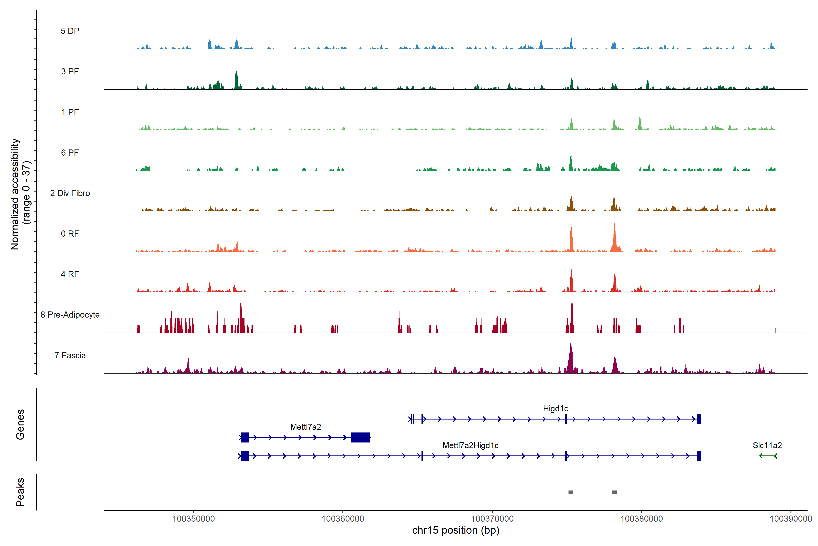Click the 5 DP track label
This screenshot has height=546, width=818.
[70, 31]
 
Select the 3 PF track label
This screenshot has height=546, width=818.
[70, 71]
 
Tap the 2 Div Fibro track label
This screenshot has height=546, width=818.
[70, 193]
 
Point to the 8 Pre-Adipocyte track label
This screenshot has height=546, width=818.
[70, 315]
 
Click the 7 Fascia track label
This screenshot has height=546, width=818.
[70, 356]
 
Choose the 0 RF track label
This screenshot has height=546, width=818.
[70, 234]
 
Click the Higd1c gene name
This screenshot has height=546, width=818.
[555, 408]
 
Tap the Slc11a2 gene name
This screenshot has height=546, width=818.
[767, 445]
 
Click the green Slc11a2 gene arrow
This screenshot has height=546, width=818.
[768, 456]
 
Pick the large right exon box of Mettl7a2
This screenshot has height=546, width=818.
[361, 437]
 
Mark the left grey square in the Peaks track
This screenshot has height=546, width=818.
[570, 492]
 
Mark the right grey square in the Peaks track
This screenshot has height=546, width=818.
[615, 492]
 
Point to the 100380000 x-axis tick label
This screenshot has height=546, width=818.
[642, 519]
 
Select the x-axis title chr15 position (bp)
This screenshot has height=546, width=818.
[456, 530]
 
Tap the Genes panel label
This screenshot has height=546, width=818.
[20, 425]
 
